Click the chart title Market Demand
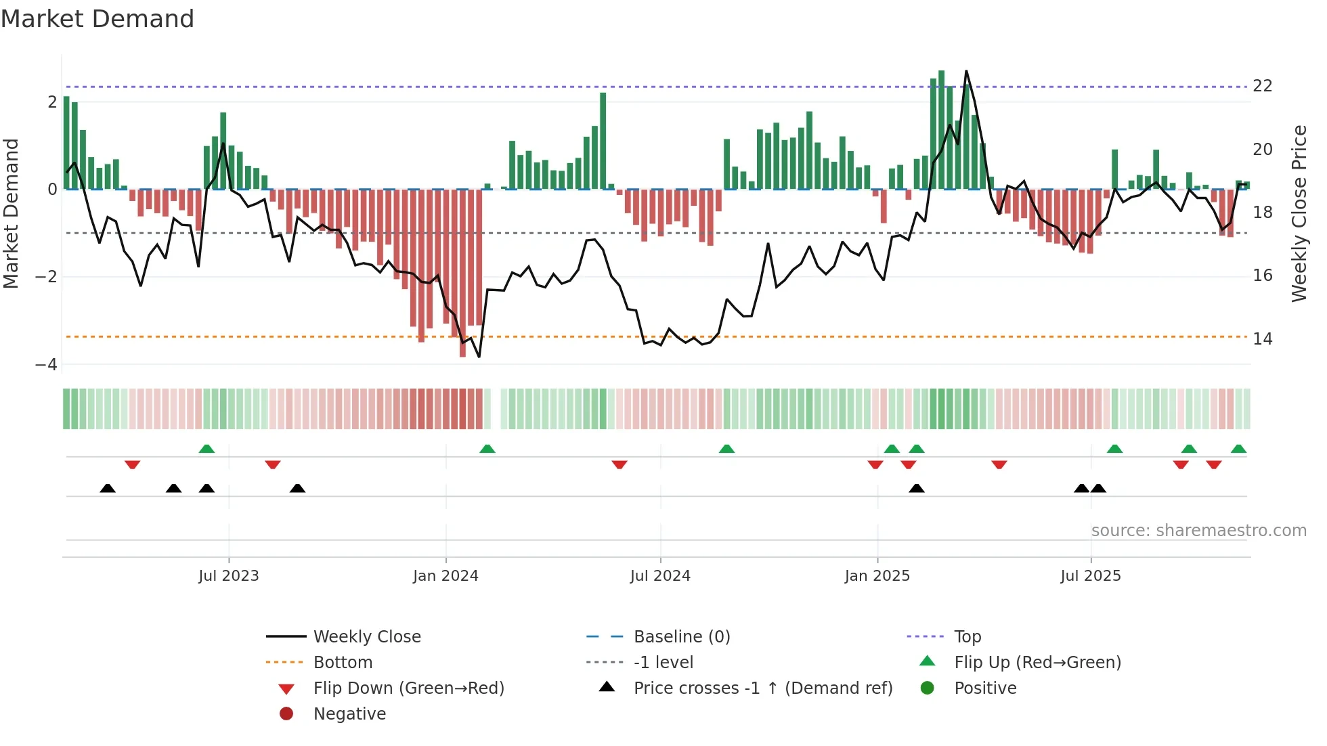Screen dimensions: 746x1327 (97, 19)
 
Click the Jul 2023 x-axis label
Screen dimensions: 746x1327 (229, 576)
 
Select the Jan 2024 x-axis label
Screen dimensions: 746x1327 (445, 576)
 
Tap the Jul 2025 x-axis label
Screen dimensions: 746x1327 (1091, 576)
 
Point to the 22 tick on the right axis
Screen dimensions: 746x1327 (1262, 86)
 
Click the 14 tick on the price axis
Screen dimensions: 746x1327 (1262, 339)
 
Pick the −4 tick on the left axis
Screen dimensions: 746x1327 (46, 365)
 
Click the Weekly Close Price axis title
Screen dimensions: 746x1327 (1299, 213)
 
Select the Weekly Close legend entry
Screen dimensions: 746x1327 (366, 637)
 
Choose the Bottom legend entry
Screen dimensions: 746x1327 (343, 663)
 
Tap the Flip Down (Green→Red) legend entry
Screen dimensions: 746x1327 (408, 688)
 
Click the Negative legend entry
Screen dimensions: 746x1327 (349, 714)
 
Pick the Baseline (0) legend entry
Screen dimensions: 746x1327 (681, 637)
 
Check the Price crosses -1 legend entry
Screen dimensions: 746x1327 (762, 688)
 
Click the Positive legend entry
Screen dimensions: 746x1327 (985, 688)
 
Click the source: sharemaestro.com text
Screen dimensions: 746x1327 (1198, 531)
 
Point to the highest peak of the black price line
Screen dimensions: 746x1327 (966, 71)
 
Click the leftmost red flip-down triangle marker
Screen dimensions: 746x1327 (133, 464)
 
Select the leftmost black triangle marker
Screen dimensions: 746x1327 (108, 488)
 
